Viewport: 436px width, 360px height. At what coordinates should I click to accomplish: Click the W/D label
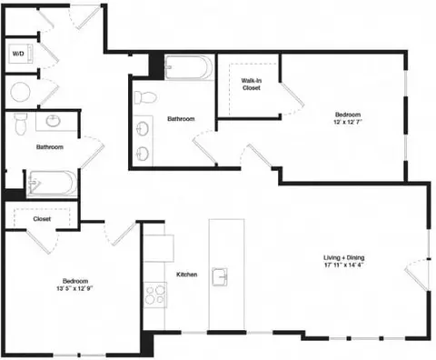(x=18, y=55)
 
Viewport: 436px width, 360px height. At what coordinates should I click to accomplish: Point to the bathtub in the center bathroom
(x=189, y=68)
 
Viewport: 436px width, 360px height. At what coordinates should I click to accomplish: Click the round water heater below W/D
(x=20, y=92)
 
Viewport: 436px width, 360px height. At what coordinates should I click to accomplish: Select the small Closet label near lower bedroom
(x=42, y=219)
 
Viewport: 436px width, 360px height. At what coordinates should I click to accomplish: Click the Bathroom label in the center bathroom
(x=182, y=118)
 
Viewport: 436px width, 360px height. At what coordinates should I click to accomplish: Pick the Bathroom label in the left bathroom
(x=49, y=147)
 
